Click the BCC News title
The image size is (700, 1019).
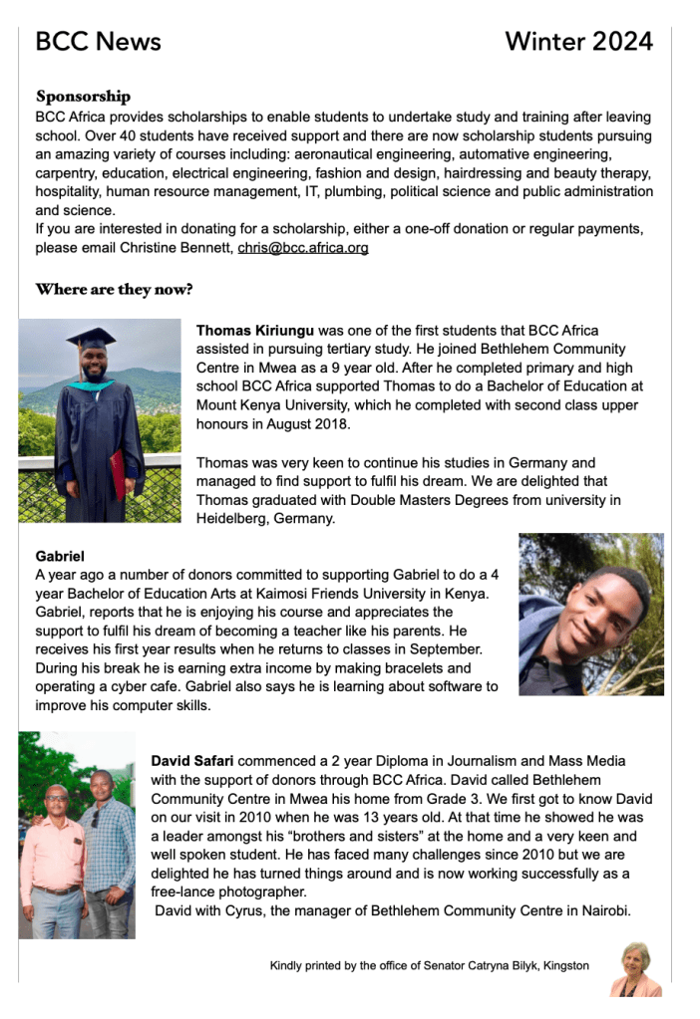tap(98, 41)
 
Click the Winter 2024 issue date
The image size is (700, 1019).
tap(578, 41)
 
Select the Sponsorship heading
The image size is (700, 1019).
tap(83, 97)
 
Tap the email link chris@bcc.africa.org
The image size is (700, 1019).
tap(303, 247)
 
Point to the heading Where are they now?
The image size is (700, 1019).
tap(114, 290)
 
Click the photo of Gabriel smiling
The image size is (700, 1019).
tap(590, 614)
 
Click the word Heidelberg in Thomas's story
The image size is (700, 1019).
tap(235, 519)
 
